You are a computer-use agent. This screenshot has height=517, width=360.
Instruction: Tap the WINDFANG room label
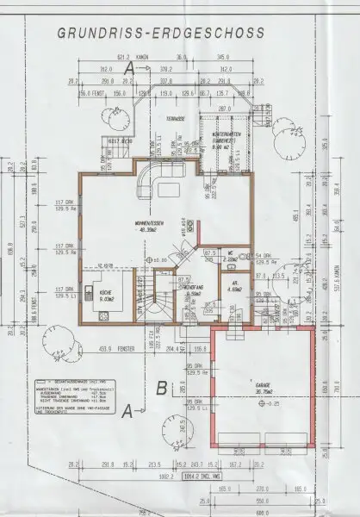tap(192, 290)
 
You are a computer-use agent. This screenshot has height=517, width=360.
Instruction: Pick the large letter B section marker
tap(161, 388)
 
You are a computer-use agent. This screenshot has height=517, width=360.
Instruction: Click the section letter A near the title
tap(127, 65)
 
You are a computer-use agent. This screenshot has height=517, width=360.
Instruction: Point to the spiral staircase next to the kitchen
tap(159, 306)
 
